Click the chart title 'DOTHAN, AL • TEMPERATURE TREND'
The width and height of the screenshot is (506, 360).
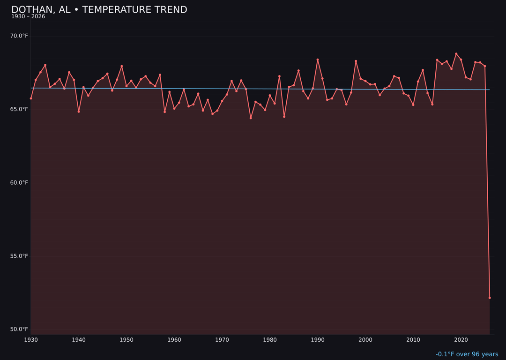(x=99, y=10)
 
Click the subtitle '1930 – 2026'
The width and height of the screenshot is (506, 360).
(x=28, y=17)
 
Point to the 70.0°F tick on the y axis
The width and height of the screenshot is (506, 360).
(x=19, y=36)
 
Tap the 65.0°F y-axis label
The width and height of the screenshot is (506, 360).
(x=19, y=109)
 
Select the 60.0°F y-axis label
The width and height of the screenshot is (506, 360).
(x=19, y=183)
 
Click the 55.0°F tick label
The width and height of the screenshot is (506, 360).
(x=19, y=256)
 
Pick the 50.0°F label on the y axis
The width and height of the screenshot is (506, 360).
(x=19, y=329)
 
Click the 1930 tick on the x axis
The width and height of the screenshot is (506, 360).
(x=31, y=340)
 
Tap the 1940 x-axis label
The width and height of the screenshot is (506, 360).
(x=79, y=340)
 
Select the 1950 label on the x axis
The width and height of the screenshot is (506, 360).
(x=126, y=340)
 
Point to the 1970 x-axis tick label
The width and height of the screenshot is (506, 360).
(x=222, y=340)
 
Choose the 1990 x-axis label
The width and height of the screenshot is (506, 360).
(x=318, y=340)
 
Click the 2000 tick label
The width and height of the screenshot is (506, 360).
(x=365, y=340)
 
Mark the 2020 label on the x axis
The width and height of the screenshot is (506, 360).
(x=461, y=340)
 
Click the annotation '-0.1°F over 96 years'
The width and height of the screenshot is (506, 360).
(x=467, y=354)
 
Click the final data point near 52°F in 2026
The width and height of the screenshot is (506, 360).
(x=490, y=298)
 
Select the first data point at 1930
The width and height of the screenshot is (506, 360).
(x=31, y=98)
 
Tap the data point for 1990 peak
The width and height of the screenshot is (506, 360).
(x=318, y=60)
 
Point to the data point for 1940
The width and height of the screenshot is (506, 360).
(x=79, y=112)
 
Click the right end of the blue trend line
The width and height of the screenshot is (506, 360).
(x=489, y=90)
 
